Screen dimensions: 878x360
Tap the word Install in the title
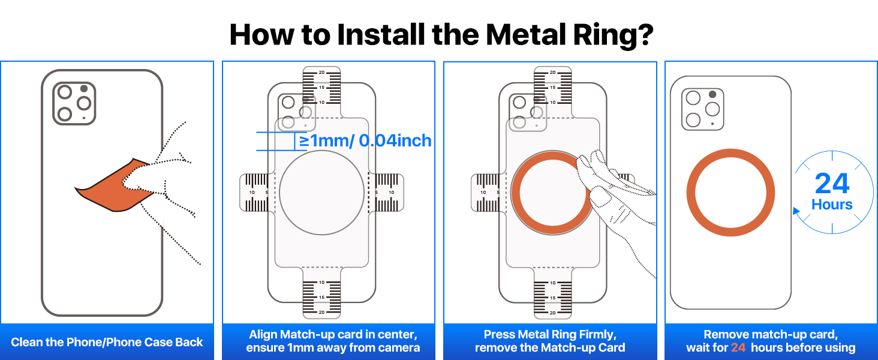coord(381,35)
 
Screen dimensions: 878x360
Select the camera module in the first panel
coord(74,104)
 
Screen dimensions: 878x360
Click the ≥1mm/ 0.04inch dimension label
coord(365,141)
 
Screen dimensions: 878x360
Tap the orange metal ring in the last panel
coord(730,150)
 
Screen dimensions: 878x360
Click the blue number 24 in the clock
coord(832,184)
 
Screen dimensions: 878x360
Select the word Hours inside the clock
coord(832,205)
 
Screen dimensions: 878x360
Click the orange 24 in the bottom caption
coord(738,347)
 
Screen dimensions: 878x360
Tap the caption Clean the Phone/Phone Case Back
coord(107,342)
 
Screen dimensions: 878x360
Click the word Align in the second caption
coord(263,335)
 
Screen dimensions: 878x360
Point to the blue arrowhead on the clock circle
coord(796,211)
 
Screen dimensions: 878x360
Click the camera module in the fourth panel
coord(703,109)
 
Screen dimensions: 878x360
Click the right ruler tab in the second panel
coord(386,193)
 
